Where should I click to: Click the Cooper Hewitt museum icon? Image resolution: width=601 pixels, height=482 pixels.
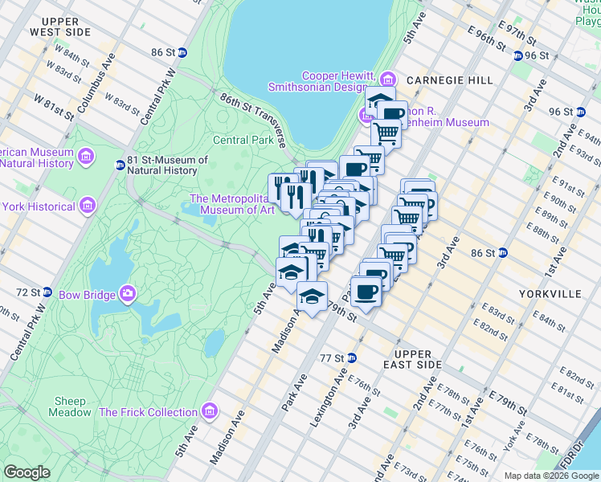(x=389, y=79)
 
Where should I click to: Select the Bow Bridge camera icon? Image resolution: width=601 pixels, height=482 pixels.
(x=126, y=295)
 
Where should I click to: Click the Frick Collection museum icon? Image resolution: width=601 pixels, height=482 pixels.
(x=210, y=412)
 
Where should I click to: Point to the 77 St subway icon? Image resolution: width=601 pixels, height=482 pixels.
(x=351, y=357)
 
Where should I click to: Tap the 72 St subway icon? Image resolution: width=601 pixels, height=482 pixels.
(x=47, y=292)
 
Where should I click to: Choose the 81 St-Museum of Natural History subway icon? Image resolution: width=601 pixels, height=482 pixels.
(x=120, y=165)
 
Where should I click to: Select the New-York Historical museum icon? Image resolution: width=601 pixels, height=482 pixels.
(x=87, y=206)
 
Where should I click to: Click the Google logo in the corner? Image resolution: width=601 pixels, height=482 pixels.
(x=27, y=472)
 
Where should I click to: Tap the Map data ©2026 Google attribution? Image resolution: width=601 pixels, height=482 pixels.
(x=550, y=476)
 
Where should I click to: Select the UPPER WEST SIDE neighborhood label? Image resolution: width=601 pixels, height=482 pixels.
(x=60, y=27)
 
